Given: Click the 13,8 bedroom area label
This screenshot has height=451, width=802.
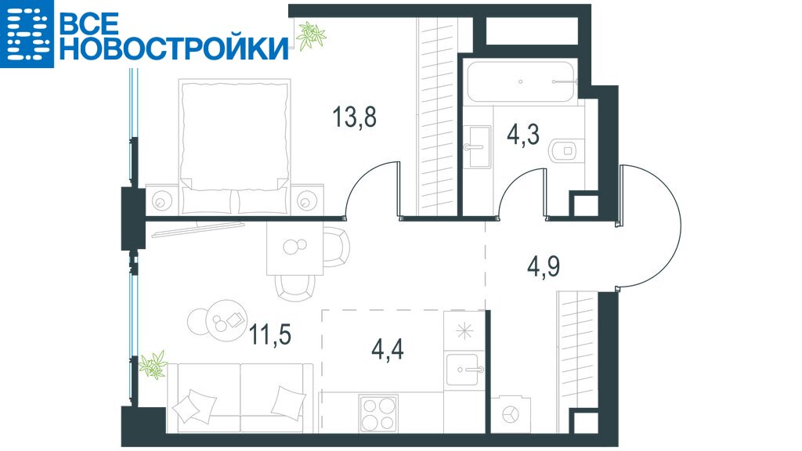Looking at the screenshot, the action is (x=355, y=117).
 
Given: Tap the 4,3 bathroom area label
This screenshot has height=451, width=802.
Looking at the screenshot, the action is (x=523, y=135).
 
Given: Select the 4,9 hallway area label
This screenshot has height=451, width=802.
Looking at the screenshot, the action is (x=544, y=266).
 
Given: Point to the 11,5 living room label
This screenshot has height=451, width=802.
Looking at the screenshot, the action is (x=270, y=334).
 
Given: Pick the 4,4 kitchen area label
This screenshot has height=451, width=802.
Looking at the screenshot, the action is (x=387, y=349).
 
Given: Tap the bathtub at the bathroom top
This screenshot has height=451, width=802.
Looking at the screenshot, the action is (x=522, y=81).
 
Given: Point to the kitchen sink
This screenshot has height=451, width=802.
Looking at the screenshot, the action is (x=464, y=370).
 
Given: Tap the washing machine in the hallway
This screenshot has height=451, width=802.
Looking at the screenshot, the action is (x=511, y=413).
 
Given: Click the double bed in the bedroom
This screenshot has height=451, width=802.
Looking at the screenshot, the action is (x=235, y=146).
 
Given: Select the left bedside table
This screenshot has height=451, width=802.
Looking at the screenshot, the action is (x=163, y=200).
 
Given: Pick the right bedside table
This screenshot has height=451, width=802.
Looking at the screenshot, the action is (x=307, y=200).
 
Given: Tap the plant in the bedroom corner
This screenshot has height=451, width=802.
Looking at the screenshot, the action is (x=310, y=36).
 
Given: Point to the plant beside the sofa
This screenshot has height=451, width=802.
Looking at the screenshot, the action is (x=153, y=365).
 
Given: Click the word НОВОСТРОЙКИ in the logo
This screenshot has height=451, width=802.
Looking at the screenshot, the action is (x=173, y=49).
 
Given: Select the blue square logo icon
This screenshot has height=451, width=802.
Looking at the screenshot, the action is (x=27, y=34).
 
